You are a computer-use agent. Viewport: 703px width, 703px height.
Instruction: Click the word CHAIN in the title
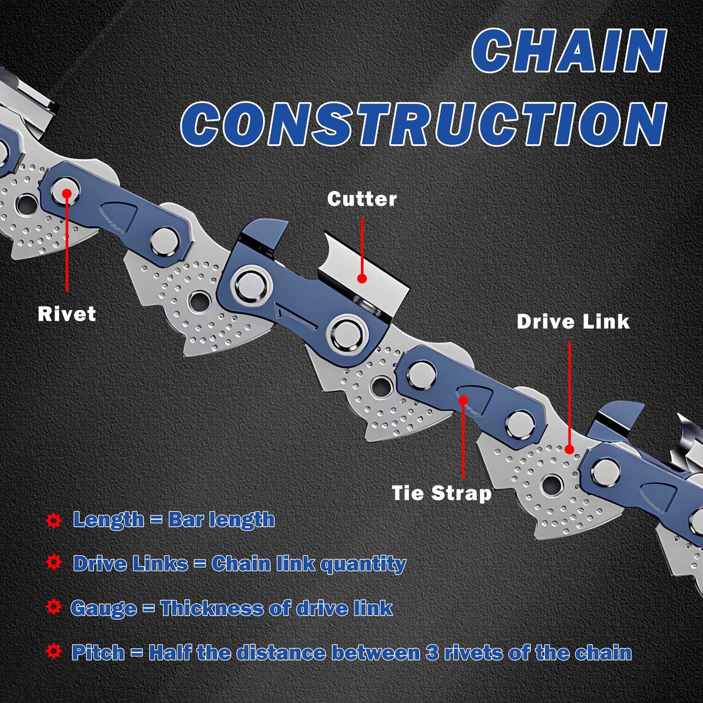(569, 51)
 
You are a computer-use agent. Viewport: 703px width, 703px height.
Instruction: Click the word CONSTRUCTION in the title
(424, 124)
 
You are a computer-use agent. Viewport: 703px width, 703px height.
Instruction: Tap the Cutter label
(362, 199)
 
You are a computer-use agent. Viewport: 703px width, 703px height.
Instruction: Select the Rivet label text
(67, 314)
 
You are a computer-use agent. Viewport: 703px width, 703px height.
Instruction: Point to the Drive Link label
(573, 321)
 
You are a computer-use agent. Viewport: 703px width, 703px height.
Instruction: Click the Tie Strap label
(442, 493)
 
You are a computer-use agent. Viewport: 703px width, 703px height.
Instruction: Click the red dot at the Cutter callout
(362, 278)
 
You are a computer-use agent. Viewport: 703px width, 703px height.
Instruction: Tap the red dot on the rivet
(67, 193)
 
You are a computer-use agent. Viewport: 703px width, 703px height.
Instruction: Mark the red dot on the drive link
(569, 449)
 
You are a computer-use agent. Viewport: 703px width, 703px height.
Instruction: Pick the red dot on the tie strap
(463, 400)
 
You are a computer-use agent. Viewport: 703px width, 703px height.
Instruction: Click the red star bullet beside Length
(54, 520)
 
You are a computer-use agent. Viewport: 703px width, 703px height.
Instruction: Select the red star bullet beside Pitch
(54, 652)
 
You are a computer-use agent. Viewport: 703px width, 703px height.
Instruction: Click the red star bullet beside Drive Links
(54, 562)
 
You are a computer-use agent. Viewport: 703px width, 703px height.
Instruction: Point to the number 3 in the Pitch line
(432, 652)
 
